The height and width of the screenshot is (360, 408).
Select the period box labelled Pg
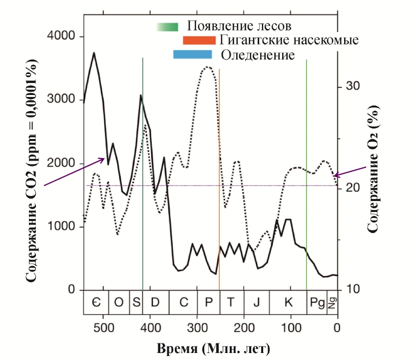click(317, 302)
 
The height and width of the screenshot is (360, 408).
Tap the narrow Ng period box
click(333, 302)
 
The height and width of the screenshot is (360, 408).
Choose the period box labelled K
click(288, 302)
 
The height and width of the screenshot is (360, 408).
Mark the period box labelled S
click(136, 302)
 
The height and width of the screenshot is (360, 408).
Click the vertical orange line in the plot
click(219, 175)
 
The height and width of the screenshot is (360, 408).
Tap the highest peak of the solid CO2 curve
click(94, 52)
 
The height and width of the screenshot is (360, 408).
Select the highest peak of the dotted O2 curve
click(208, 67)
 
